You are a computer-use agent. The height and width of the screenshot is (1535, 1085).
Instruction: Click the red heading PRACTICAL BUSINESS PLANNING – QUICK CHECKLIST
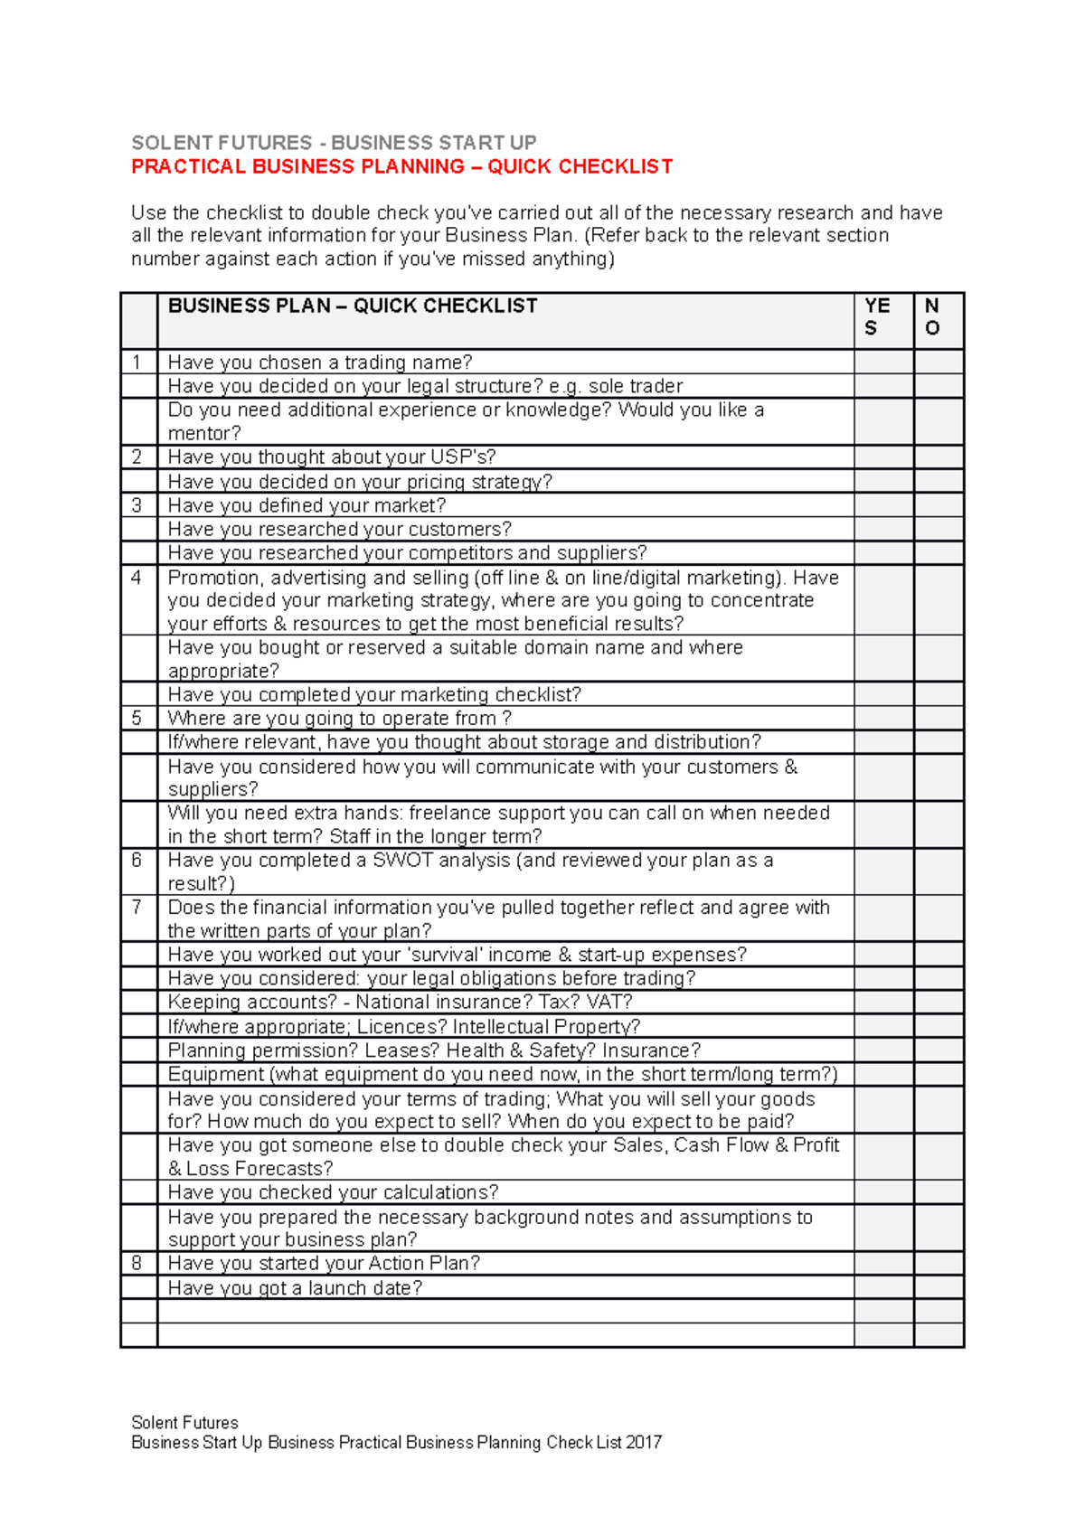[401, 167]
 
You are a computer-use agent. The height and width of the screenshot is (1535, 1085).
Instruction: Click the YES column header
[876, 317]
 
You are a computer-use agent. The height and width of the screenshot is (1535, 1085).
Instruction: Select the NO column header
[932, 317]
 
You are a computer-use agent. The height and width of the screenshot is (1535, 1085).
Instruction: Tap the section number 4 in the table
[137, 578]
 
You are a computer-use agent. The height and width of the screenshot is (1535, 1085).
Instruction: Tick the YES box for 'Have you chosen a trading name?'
[883, 363]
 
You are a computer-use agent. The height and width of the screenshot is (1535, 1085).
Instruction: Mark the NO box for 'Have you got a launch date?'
[939, 1288]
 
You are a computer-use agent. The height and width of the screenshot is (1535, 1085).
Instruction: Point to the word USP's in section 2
[463, 457]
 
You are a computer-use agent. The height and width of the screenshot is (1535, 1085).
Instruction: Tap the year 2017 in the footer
[644, 1443]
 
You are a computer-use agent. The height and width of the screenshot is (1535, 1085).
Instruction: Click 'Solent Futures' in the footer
[184, 1423]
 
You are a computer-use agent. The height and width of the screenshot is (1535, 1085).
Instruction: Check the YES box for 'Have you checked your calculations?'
[883, 1192]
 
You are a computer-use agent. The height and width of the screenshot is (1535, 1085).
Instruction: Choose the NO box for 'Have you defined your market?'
[939, 505]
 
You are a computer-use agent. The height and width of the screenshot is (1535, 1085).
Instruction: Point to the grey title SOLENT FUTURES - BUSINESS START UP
[334, 143]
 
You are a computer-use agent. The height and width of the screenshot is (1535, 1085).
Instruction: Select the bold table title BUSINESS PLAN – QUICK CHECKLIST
[353, 306]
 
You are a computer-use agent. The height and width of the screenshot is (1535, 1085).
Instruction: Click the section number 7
[137, 908]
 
